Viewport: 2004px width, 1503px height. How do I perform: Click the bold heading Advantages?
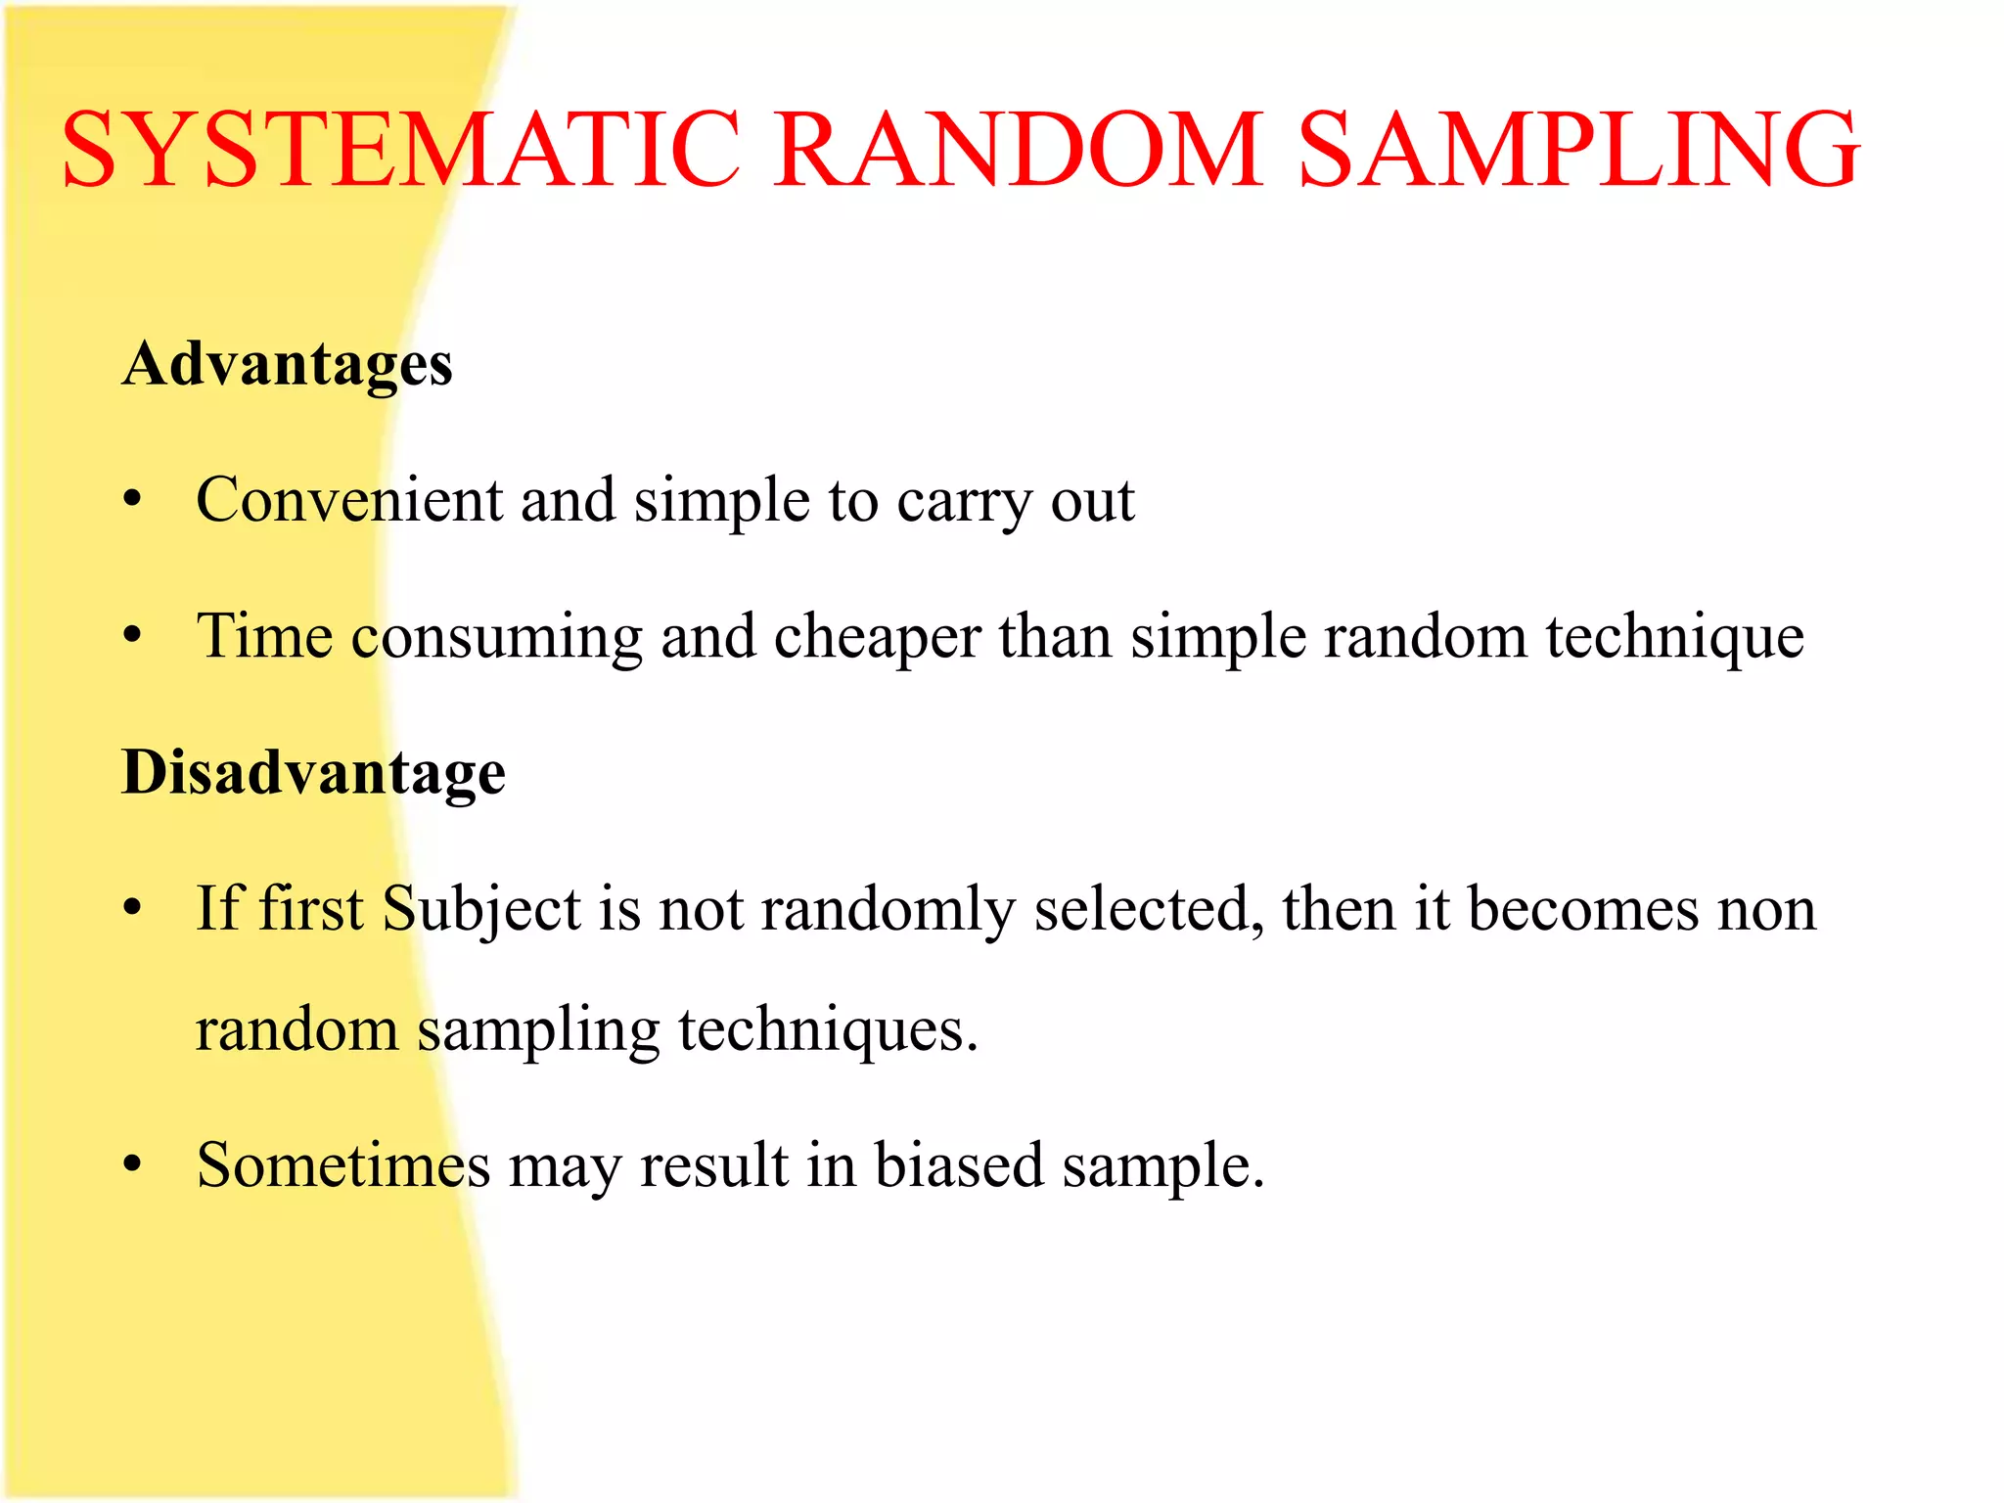coord(287,365)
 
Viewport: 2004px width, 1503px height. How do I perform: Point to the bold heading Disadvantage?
coord(313,773)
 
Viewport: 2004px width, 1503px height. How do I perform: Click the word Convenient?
coord(348,500)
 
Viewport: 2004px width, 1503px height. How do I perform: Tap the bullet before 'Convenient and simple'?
coord(133,502)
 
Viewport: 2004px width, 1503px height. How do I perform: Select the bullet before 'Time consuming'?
coord(133,638)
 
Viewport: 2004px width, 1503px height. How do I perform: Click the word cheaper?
coord(877,638)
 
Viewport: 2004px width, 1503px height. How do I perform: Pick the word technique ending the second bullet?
coord(1675,638)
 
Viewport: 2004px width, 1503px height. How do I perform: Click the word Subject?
coord(481,910)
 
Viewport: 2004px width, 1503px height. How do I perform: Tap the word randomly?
coord(888,910)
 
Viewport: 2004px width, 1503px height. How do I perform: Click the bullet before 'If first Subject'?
coord(133,910)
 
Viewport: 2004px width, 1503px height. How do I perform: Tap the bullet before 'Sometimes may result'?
coord(133,1166)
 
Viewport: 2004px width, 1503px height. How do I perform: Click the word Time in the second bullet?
coord(264,636)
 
